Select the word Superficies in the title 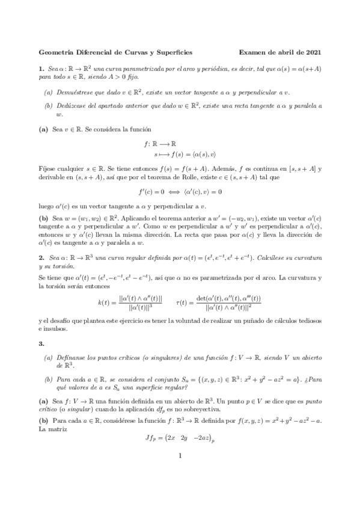point(176,53)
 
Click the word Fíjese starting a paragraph point(47,162)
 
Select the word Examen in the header point(254,53)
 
